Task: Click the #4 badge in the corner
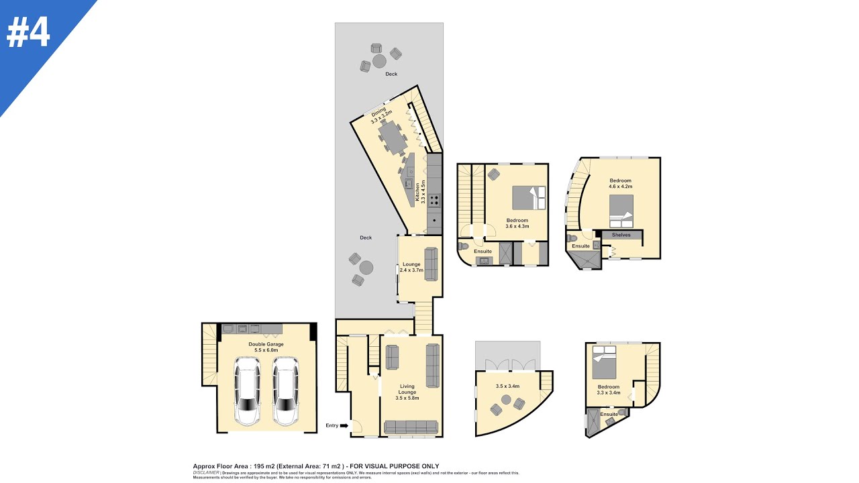coord(28,32)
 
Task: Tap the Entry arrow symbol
coord(344,425)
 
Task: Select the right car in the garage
coord(285,391)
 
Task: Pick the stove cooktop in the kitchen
coord(435,199)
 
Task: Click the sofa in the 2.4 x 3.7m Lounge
coord(431,264)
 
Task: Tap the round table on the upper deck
coord(379,61)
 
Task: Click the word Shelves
coord(621,235)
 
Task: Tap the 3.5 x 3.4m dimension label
coord(508,386)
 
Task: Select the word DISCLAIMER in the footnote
coord(206,473)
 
